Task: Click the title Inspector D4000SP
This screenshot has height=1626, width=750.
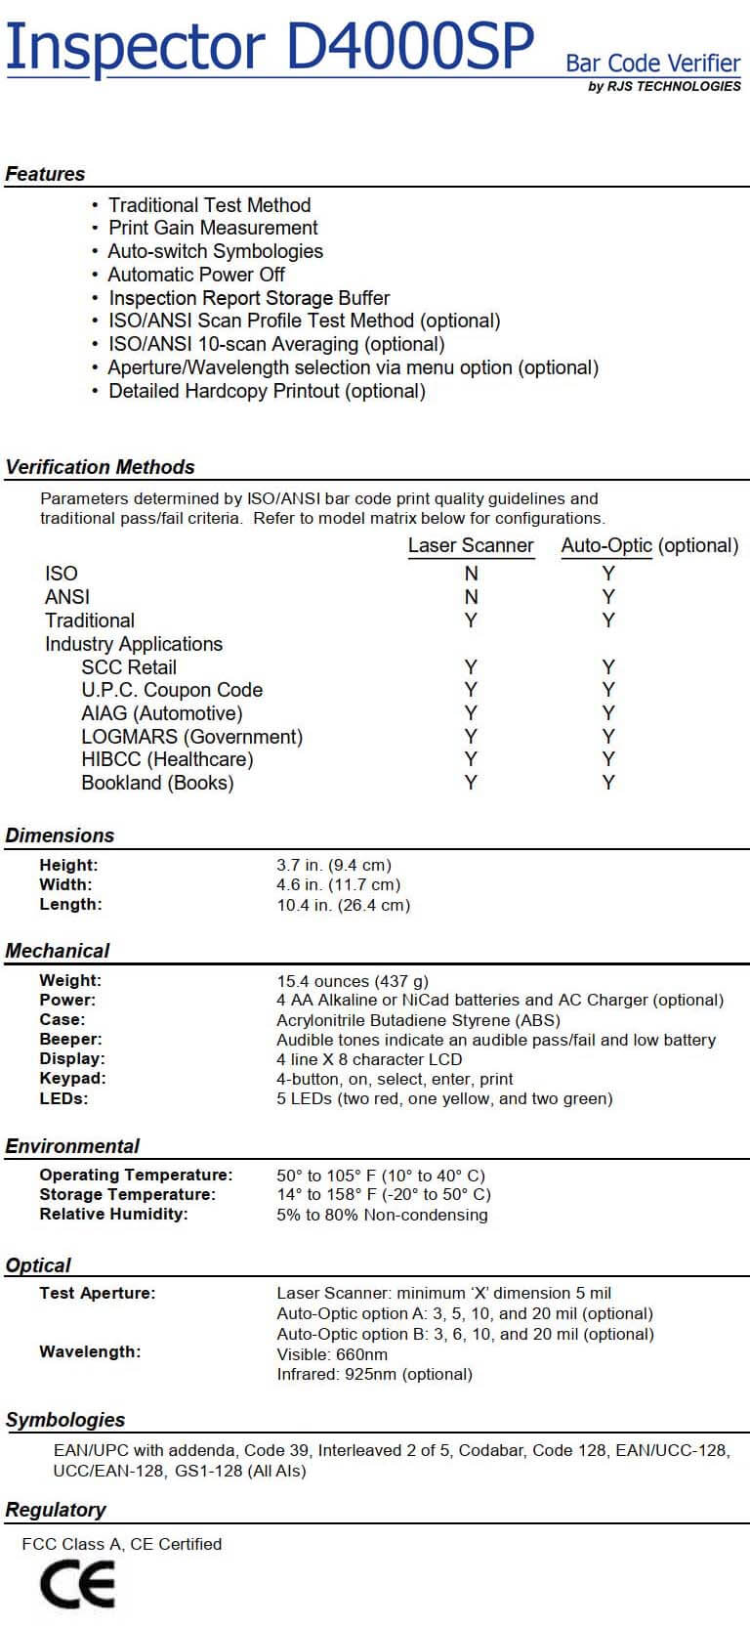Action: (x=270, y=46)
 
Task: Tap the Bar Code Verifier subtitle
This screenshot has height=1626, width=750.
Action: (x=652, y=64)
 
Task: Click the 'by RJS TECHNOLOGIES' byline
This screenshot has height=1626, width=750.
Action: (x=664, y=86)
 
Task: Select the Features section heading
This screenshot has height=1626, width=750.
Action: (x=45, y=174)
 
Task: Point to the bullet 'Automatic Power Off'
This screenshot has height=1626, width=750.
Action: (x=196, y=275)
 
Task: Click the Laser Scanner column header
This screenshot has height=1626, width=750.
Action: (x=471, y=545)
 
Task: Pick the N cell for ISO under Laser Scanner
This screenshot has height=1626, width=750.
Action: (x=471, y=574)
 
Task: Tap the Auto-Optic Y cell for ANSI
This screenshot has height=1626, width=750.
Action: (x=608, y=597)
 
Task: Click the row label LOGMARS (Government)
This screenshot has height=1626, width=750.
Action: (x=191, y=737)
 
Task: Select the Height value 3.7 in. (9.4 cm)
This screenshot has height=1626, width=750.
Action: (x=334, y=865)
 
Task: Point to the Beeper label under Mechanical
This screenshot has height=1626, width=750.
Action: (x=70, y=1040)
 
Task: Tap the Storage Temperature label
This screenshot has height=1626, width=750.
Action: (x=127, y=1194)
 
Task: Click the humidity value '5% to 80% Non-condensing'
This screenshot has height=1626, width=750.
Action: (x=382, y=1215)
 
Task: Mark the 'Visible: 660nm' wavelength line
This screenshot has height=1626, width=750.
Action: (x=332, y=1354)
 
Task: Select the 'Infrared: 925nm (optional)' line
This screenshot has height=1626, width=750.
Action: (x=374, y=1374)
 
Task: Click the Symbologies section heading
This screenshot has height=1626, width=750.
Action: (x=65, y=1420)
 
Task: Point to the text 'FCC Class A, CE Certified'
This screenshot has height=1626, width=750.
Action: (x=122, y=1544)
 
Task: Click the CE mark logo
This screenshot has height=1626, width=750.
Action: (x=77, y=1584)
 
